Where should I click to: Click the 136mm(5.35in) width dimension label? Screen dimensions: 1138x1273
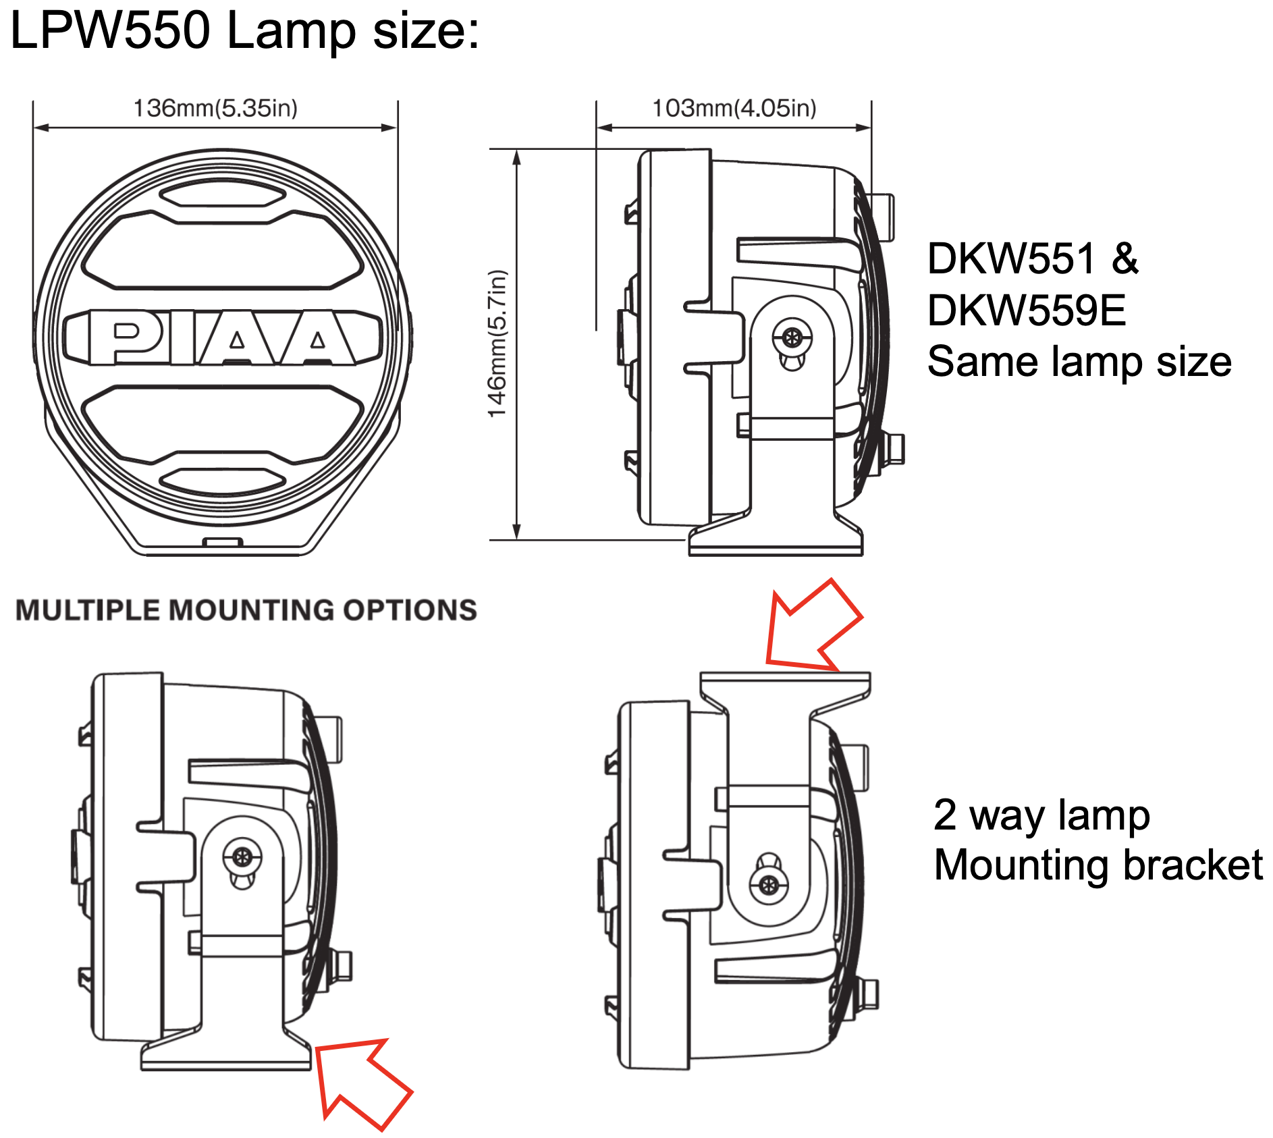(215, 108)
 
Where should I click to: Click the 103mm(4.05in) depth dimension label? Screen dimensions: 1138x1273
(734, 108)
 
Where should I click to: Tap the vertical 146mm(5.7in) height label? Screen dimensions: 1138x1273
(497, 344)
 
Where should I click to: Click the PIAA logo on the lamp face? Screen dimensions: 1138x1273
(223, 337)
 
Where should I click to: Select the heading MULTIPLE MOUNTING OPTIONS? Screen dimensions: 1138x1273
(246, 610)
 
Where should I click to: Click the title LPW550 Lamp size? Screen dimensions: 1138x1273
(244, 31)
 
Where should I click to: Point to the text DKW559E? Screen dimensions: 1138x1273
(1026, 310)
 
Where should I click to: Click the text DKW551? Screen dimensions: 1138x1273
(1010, 259)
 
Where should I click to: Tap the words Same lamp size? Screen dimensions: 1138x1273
(1079, 362)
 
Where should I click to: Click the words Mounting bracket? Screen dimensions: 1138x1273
(1098, 866)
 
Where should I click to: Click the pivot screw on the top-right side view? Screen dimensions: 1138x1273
(792, 336)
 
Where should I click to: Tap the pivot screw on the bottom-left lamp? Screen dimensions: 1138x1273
(242, 857)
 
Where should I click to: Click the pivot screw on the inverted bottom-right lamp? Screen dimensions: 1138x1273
(768, 884)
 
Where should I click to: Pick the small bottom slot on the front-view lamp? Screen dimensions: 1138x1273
(223, 481)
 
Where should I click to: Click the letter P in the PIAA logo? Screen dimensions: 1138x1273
(126, 337)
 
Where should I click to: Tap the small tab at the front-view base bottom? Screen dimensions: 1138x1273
(223, 541)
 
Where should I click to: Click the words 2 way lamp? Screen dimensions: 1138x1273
(1041, 815)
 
